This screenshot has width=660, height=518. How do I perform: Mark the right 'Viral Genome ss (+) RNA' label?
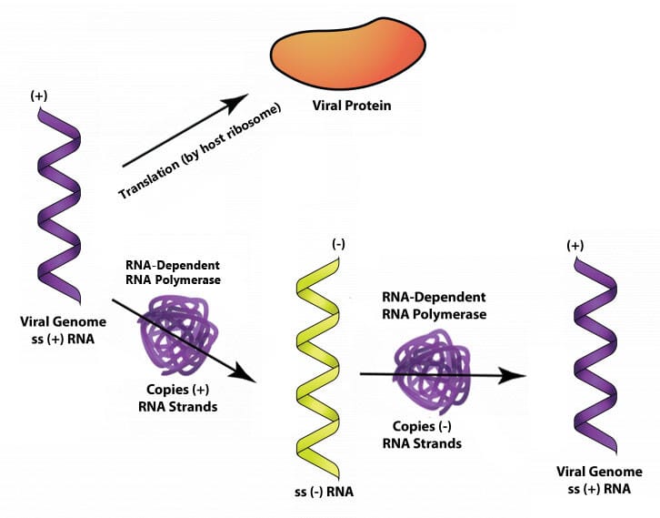tap(598, 479)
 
